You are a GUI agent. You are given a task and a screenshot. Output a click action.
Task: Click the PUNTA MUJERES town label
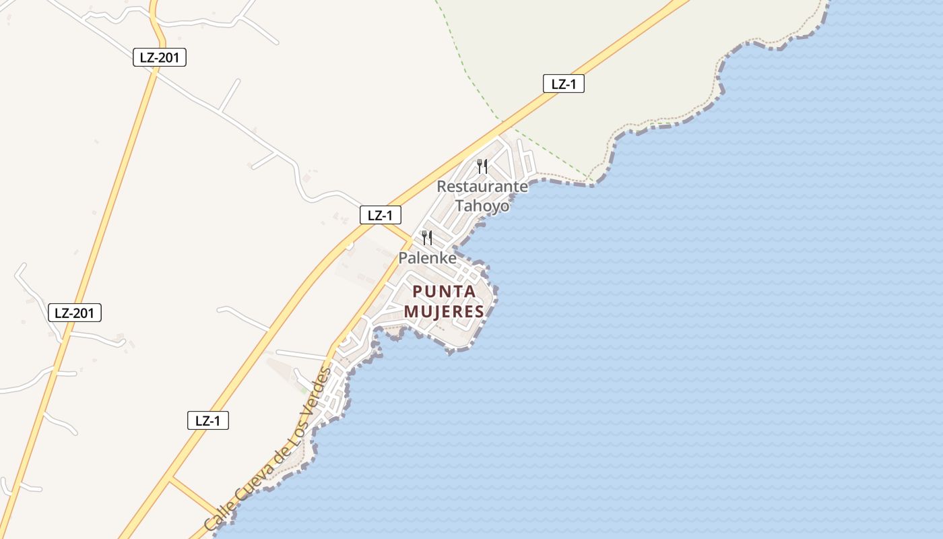(x=444, y=301)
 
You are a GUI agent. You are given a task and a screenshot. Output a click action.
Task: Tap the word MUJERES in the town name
(x=444, y=311)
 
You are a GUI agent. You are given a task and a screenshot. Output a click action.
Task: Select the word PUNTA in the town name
(x=444, y=291)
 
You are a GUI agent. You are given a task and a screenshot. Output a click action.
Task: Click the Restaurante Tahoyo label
(x=482, y=196)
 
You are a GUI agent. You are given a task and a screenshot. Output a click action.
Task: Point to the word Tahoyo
(x=482, y=205)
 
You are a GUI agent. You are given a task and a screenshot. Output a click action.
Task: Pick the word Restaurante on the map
(x=482, y=187)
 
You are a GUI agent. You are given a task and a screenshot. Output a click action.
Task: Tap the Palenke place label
(x=427, y=258)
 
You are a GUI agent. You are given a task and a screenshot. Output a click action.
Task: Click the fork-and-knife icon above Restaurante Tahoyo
(x=482, y=166)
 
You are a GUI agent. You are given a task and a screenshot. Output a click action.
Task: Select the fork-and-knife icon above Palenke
(x=427, y=237)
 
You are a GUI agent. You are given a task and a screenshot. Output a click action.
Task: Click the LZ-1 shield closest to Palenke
(x=380, y=216)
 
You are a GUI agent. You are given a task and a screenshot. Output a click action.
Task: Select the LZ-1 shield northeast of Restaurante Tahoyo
(x=563, y=84)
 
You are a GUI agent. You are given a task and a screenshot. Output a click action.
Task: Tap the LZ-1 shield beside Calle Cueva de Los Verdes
(x=207, y=421)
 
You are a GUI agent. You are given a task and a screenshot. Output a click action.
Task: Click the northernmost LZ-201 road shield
(x=159, y=58)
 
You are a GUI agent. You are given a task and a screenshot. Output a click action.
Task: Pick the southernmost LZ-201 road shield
(x=75, y=313)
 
